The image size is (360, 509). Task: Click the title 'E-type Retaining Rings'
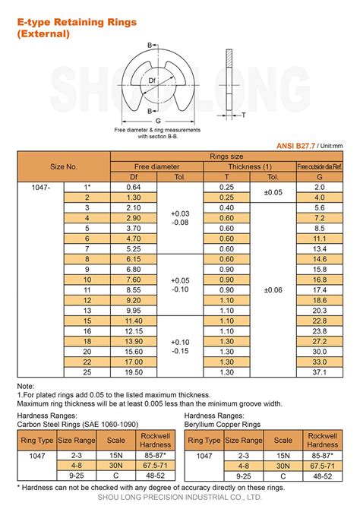pyautogui.click(x=77, y=22)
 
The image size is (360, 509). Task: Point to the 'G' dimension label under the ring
pyautogui.click(x=158, y=121)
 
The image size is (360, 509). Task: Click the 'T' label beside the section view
pyautogui.click(x=244, y=115)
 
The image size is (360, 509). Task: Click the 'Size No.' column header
pyautogui.click(x=64, y=166)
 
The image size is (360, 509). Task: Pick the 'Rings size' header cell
pyautogui.click(x=226, y=156)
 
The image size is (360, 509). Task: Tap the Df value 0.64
pyautogui.click(x=134, y=187)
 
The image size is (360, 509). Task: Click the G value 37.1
pyautogui.click(x=319, y=372)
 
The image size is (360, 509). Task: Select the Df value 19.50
pyautogui.click(x=134, y=372)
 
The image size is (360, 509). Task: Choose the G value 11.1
pyautogui.click(x=319, y=238)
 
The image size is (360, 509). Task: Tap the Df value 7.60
pyautogui.click(x=134, y=280)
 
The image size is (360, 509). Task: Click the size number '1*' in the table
pyautogui.click(x=87, y=187)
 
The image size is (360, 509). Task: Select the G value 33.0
pyautogui.click(x=319, y=362)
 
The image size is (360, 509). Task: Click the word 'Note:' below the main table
pyautogui.click(x=26, y=386)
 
